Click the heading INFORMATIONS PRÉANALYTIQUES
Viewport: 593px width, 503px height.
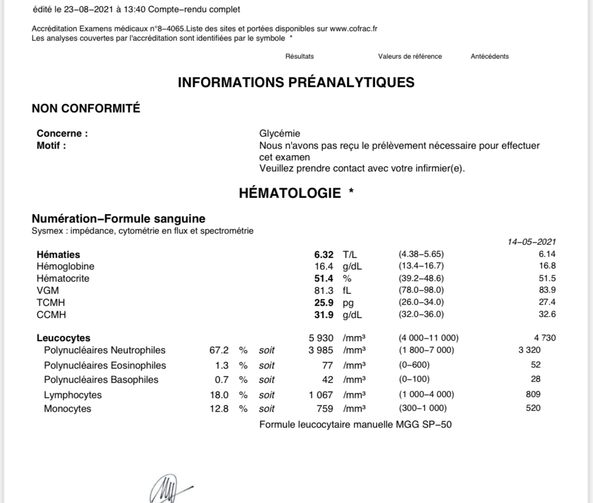(296, 82)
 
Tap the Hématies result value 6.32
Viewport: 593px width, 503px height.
(324, 255)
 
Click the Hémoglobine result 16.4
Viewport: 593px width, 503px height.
(324, 266)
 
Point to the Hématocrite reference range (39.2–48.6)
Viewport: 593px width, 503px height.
(421, 278)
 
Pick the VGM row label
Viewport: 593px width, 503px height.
(47, 291)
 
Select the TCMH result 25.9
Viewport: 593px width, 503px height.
(324, 303)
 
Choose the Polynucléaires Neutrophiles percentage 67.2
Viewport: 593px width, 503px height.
(219, 350)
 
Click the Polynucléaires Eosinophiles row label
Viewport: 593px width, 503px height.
(105, 365)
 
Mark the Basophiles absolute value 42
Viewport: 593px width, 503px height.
(327, 380)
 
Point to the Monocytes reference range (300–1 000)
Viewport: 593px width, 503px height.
(423, 408)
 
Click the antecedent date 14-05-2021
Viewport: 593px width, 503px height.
(531, 242)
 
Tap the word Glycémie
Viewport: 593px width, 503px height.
(279, 134)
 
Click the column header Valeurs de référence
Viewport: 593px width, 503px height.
(410, 56)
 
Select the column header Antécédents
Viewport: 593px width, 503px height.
(490, 56)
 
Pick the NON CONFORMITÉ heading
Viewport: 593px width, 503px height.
(86, 109)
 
